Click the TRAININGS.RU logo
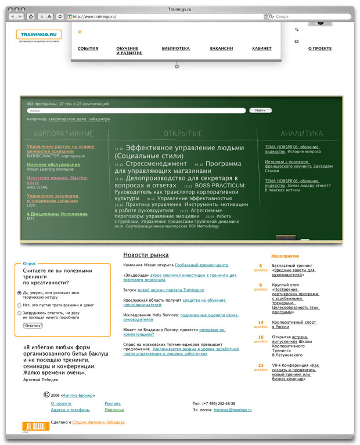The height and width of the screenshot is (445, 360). (39, 35)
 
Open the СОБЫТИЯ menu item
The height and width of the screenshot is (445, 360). (88, 49)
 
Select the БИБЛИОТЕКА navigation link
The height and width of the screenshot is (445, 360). (175, 49)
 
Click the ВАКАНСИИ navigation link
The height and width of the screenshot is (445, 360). (222, 49)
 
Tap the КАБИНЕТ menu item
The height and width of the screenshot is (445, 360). (261, 49)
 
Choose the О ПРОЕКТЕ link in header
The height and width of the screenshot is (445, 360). (320, 49)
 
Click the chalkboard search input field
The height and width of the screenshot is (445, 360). (136, 110)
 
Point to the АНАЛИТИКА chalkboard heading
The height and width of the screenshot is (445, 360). (301, 133)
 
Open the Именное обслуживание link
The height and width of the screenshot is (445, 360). (53, 165)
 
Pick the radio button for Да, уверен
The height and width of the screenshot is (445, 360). (20, 293)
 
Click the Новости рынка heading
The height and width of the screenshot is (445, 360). (146, 255)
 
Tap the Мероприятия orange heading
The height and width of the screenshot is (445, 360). (285, 256)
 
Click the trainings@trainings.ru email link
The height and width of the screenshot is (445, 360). (232, 410)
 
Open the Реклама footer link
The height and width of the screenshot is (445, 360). (113, 403)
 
